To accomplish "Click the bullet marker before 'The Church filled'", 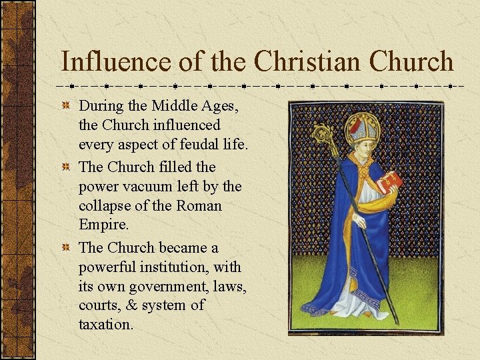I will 65,167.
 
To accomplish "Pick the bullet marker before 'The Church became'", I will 65,248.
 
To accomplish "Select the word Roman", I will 199,206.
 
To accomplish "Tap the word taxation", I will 106,325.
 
